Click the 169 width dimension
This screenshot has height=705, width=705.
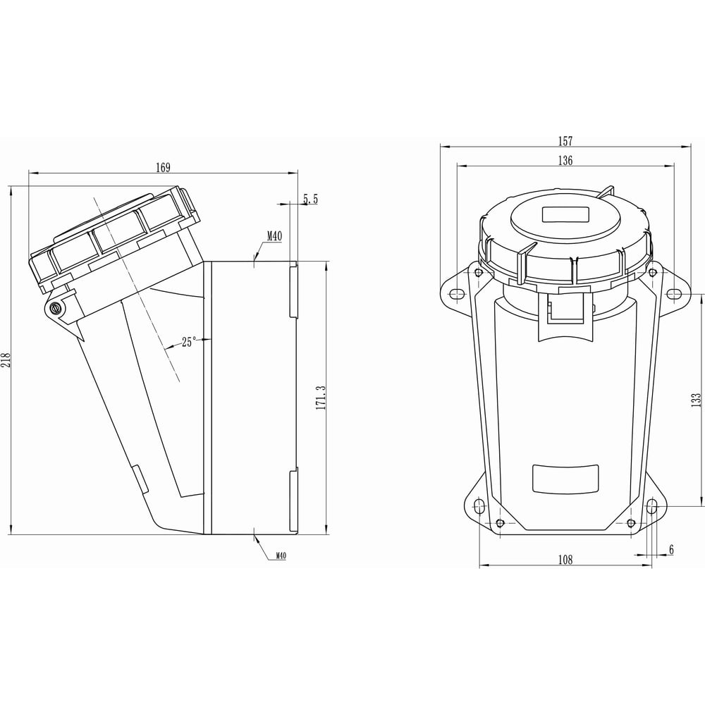click(164, 168)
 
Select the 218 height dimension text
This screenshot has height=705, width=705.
click(6, 360)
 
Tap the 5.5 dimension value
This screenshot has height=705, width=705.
click(310, 199)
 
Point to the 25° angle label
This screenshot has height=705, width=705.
click(189, 342)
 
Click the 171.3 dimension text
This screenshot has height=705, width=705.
click(321, 398)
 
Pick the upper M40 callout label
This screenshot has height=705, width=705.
click(274, 235)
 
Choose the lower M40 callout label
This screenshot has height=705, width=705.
click(281, 556)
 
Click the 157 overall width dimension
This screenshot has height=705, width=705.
click(565, 141)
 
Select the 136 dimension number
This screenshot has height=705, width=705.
click(565, 160)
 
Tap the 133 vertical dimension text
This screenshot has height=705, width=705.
click(696, 400)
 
